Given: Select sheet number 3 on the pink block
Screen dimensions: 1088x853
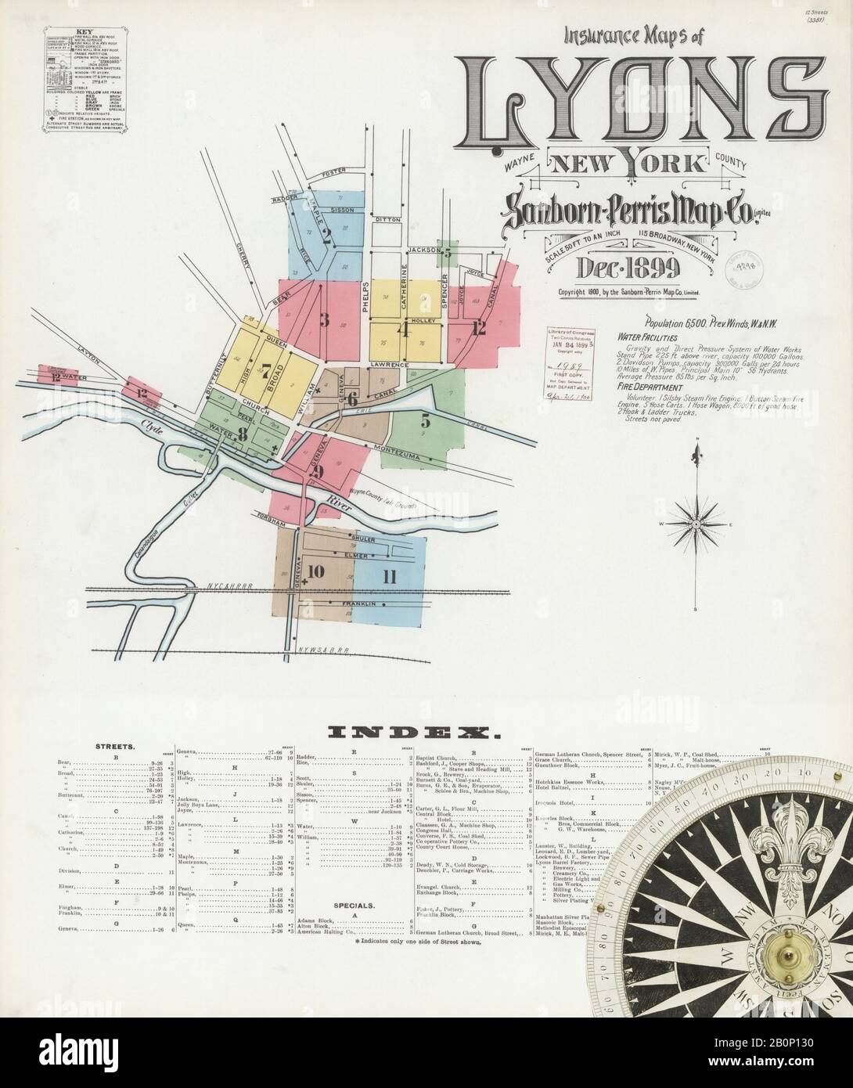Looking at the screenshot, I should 323,319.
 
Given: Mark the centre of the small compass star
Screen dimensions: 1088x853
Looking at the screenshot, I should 693,522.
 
